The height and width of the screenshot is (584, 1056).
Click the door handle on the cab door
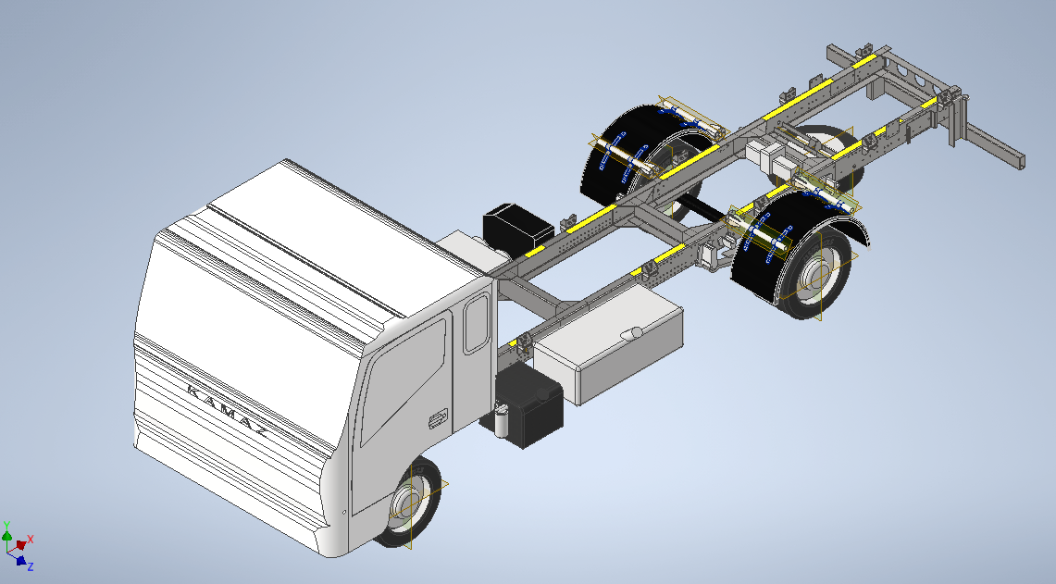coord(438,419)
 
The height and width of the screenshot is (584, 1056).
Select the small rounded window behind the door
coord(476,323)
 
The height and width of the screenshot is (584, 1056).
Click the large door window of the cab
coord(403,381)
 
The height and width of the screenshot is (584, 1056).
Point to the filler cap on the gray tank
coord(632,333)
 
